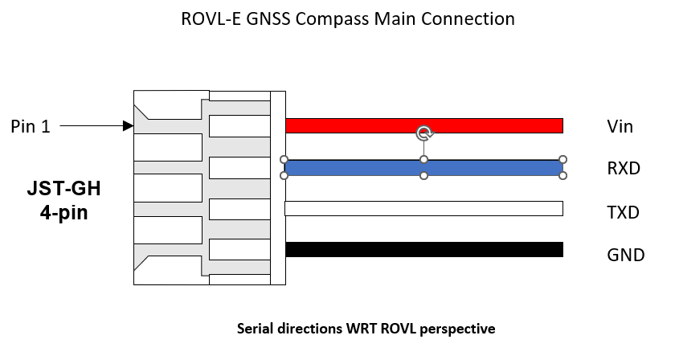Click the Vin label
(x=620, y=127)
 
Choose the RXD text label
(x=624, y=170)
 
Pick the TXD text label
(x=624, y=213)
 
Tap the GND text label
(x=626, y=256)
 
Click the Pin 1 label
(x=31, y=126)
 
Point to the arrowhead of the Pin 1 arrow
(x=128, y=126)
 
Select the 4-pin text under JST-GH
(x=64, y=214)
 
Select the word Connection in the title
(x=473, y=18)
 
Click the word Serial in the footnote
(x=255, y=329)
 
